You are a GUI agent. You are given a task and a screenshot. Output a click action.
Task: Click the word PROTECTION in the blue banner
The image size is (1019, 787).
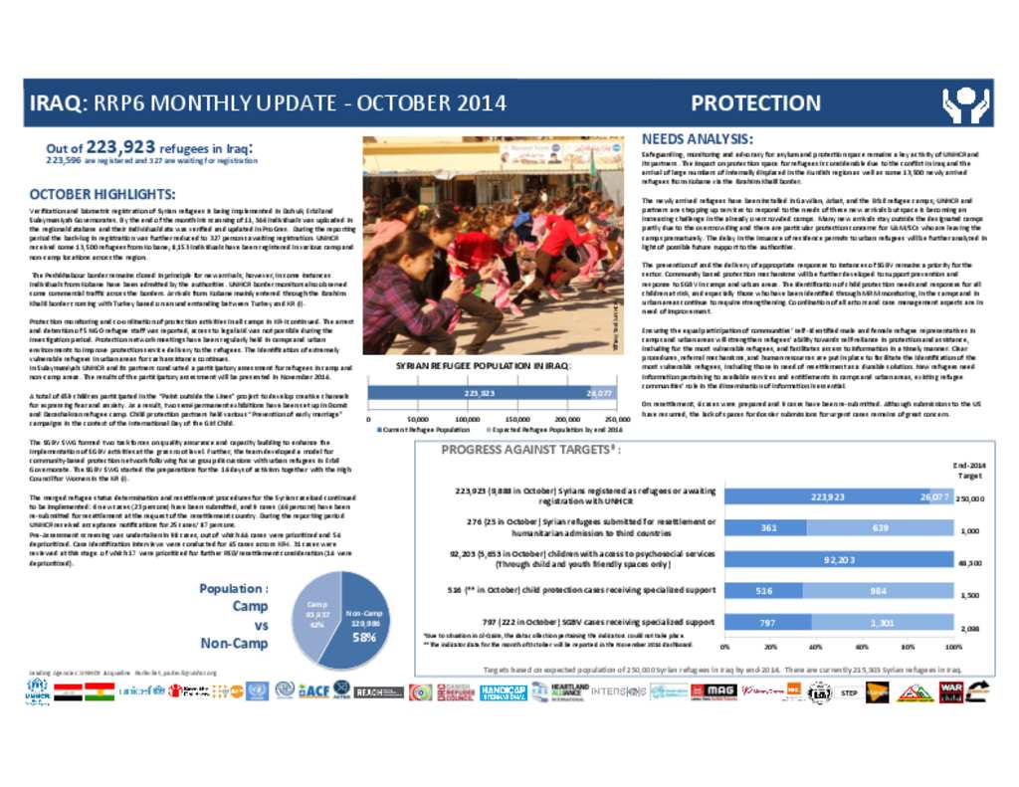[755, 103]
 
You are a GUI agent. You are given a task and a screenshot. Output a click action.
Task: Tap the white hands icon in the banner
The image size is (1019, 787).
[964, 103]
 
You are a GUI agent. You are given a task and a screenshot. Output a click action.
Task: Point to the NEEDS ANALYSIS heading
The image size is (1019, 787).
[697, 138]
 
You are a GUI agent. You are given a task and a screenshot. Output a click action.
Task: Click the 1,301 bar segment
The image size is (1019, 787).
[882, 623]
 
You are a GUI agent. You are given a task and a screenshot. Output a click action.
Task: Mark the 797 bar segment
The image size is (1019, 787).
[766, 623]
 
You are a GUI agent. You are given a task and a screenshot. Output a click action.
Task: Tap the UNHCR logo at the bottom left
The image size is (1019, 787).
[37, 691]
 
